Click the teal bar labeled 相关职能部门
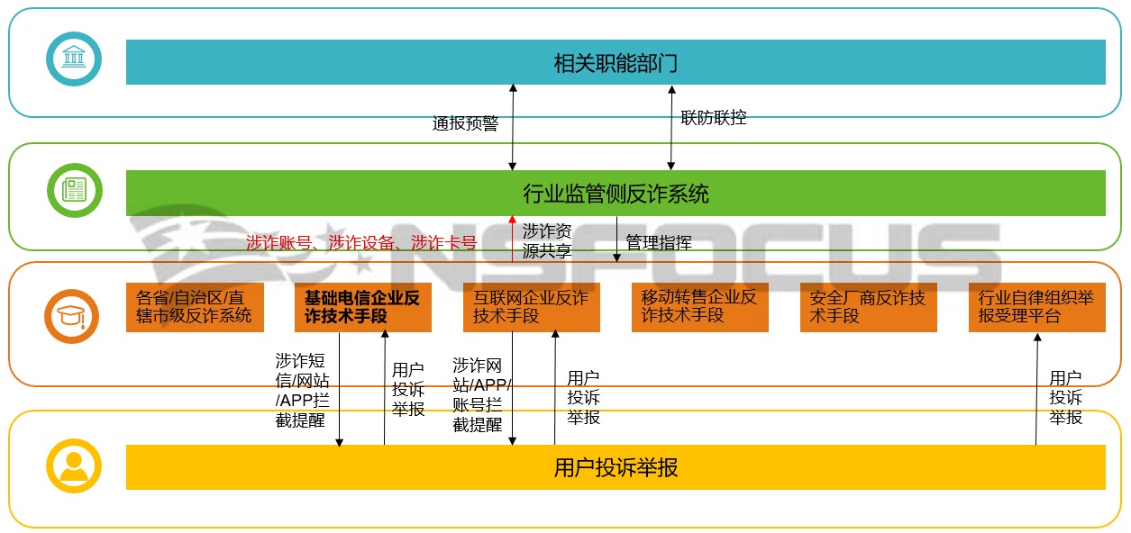(616, 62)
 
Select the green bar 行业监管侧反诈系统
(616, 194)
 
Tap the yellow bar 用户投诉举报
(616, 467)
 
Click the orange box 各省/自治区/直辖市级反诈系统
(195, 307)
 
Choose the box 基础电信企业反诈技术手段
(363, 307)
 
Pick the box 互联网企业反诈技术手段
(532, 307)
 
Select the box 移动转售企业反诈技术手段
(699, 307)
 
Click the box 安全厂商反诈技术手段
(868, 307)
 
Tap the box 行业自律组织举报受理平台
(1036, 307)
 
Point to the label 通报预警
(465, 123)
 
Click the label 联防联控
(714, 117)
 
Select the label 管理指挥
(659, 242)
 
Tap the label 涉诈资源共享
(547, 241)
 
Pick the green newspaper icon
(74, 190)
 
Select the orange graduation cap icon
(74, 317)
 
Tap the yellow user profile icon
(74, 465)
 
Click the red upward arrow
(513, 239)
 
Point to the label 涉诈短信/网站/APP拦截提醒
(302, 390)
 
